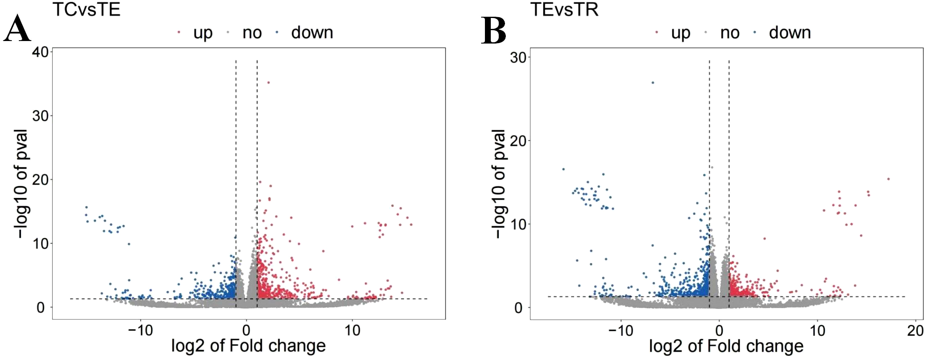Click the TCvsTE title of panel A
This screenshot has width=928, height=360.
point(87,9)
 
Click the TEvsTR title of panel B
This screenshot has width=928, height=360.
point(564,9)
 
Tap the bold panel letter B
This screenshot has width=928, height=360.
point(493,30)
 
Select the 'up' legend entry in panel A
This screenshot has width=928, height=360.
point(203,33)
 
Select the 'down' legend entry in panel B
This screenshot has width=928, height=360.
point(790,33)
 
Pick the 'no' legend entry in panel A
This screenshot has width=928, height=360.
point(252,33)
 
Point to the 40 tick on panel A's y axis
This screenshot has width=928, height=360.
point(41,52)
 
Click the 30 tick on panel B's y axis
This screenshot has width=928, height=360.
point(518,57)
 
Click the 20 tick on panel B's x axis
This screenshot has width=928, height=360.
point(915,331)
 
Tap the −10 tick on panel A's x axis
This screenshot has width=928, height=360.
point(140,331)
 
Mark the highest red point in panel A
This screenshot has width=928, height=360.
point(269,82)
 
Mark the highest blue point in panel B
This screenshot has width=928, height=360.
point(653,82)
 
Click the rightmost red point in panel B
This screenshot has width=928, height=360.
point(888,179)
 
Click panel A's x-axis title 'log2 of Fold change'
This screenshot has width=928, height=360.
point(248,346)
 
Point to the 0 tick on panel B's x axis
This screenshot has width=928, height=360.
point(719,331)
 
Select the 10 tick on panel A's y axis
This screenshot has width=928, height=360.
point(41,244)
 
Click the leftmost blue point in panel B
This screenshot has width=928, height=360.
point(563,169)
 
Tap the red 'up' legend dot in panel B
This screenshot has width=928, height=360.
point(656,32)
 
